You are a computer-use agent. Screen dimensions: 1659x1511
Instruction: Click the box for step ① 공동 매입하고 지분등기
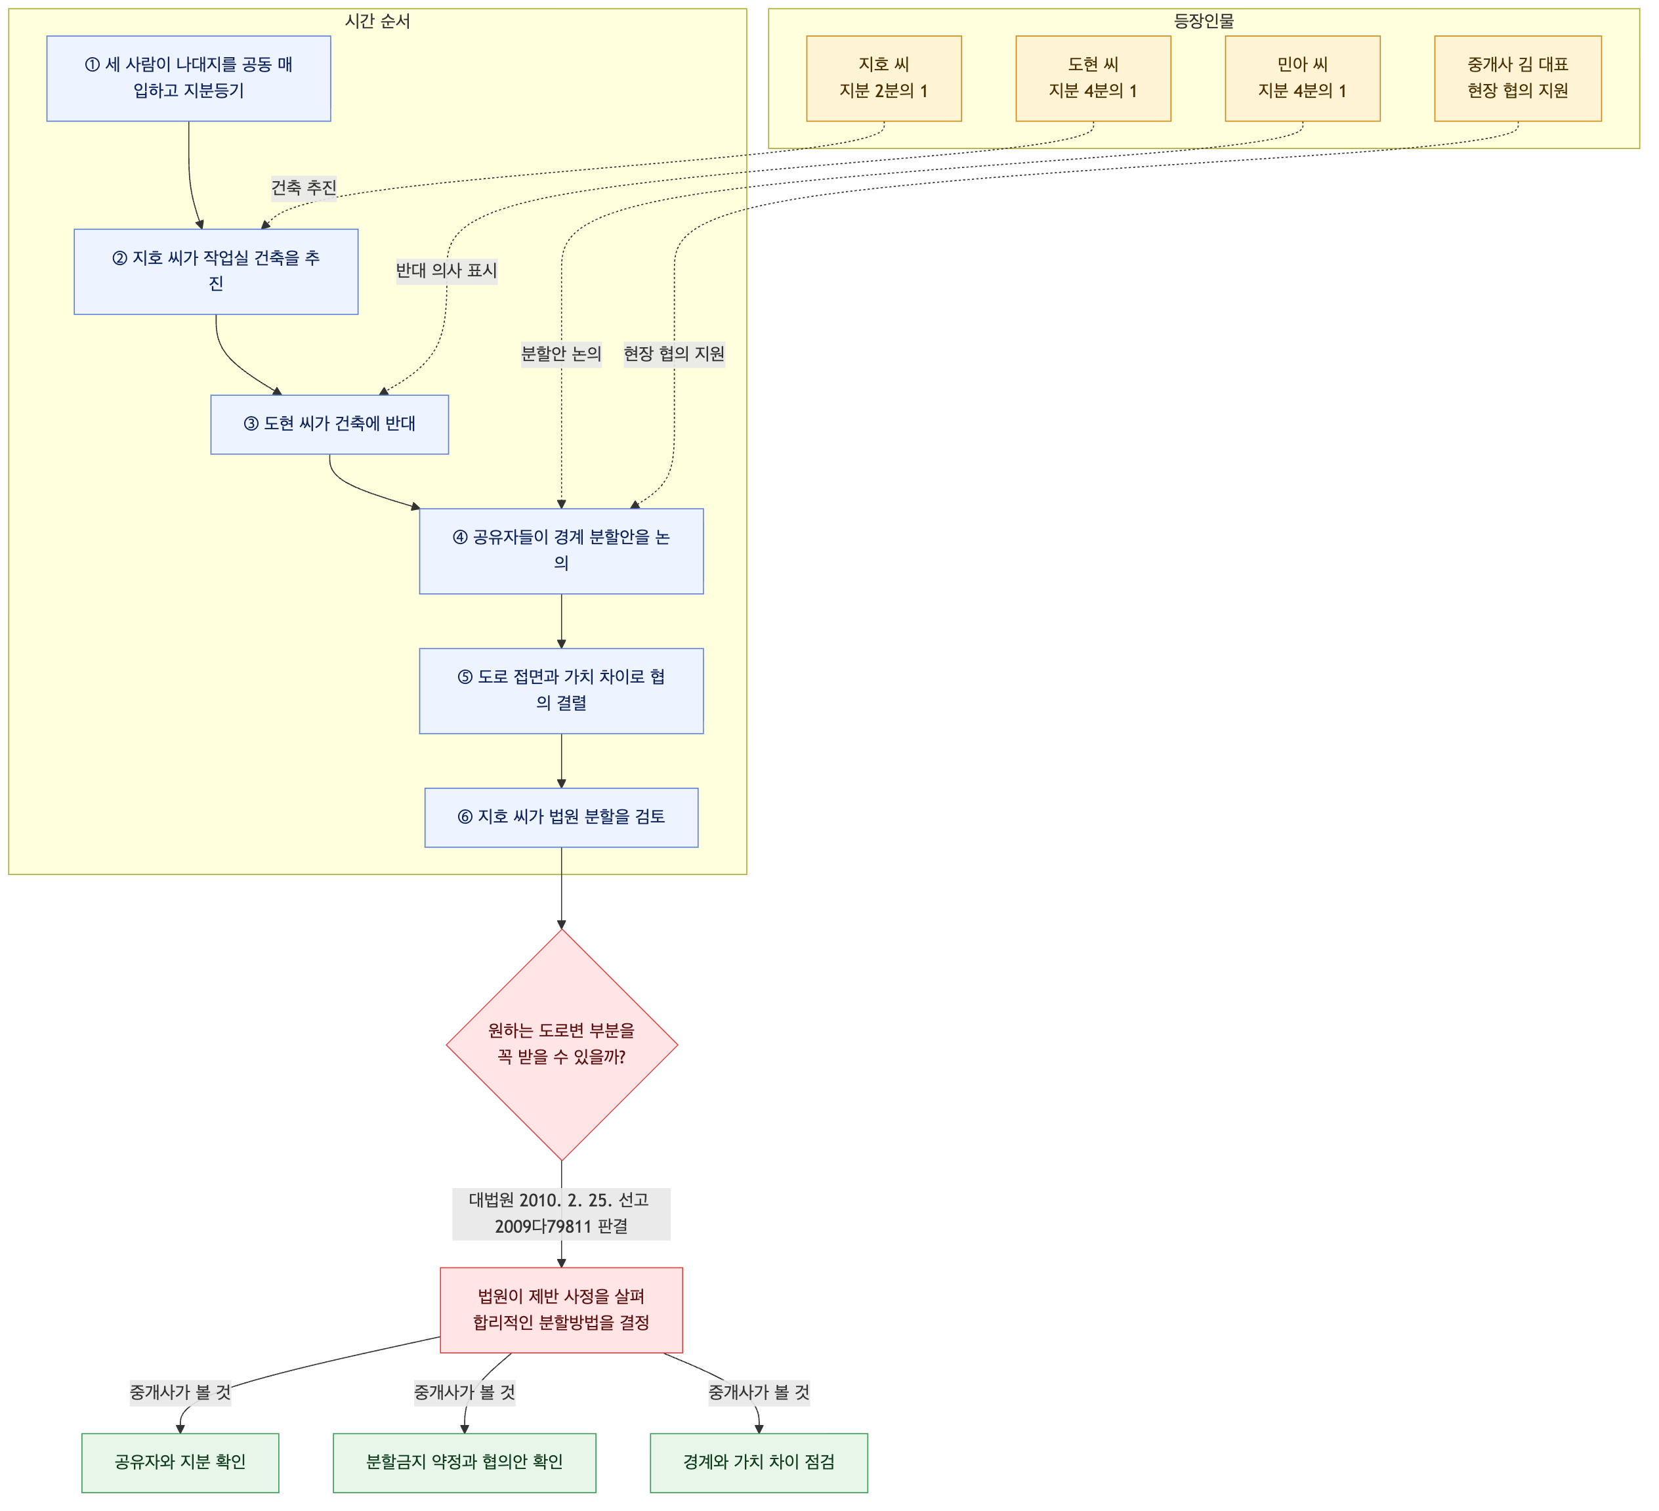coord(188,78)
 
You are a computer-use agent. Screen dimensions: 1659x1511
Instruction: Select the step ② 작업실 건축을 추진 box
coord(216,271)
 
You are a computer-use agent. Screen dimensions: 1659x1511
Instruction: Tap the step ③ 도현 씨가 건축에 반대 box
coord(329,424)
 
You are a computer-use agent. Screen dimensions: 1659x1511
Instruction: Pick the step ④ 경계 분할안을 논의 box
coord(561,551)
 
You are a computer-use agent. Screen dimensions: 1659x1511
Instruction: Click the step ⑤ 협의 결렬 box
coord(561,691)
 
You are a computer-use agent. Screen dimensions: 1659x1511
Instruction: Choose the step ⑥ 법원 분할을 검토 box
coord(561,817)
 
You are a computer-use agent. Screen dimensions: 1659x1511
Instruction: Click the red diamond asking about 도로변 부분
coord(561,1044)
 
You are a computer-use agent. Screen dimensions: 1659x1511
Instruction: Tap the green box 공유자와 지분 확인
coord(180,1462)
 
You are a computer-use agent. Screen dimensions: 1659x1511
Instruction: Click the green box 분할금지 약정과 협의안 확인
coord(464,1462)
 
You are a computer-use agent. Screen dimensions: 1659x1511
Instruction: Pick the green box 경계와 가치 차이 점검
coord(759,1462)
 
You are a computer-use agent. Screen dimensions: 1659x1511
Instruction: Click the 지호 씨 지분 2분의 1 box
coord(884,78)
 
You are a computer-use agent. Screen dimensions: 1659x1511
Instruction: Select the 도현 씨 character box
coord(1093,78)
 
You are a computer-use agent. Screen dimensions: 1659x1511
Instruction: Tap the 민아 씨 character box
coord(1302,78)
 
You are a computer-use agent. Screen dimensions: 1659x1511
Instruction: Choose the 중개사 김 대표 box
coord(1517,78)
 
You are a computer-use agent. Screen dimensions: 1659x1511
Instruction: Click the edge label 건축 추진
coord(304,188)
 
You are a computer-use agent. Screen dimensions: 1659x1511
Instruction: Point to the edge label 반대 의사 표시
coord(446,271)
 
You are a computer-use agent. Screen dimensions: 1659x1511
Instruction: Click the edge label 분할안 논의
coord(561,354)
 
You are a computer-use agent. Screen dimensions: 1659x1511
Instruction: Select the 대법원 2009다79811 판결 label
coord(561,1214)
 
